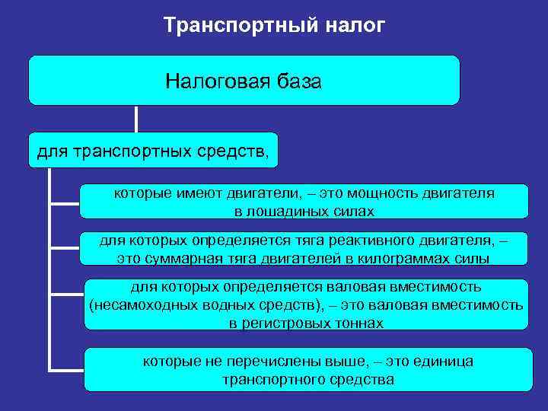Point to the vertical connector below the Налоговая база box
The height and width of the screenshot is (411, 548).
[x=136, y=119]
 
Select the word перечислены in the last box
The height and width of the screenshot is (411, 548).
[x=259, y=362]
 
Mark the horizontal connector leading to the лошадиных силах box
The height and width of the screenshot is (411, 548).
[x=65, y=203]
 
